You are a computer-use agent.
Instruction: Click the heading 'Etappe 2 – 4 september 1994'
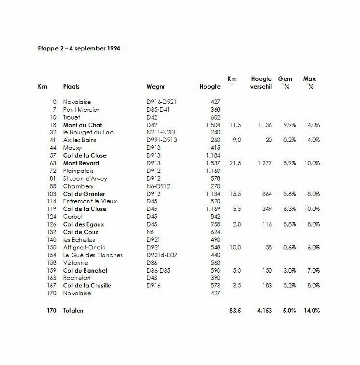(79, 48)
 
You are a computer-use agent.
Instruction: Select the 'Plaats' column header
(71, 86)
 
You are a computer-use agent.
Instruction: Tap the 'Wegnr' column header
(156, 86)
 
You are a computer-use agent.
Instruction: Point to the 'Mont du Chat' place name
(82, 125)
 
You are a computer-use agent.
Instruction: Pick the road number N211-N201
(161, 132)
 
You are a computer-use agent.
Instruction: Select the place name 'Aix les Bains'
(80, 140)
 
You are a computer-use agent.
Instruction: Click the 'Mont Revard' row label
(81, 163)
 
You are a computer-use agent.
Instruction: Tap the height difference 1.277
(264, 163)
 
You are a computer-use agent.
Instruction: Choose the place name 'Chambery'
(78, 186)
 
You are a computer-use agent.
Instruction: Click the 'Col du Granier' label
(84, 194)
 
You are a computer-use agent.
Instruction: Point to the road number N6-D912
(158, 186)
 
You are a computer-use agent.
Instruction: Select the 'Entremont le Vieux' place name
(90, 201)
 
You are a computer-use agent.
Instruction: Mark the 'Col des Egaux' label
(83, 224)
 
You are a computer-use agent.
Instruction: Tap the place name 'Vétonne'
(75, 263)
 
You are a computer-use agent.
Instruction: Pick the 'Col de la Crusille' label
(87, 286)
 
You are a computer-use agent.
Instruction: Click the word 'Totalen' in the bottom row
(73, 311)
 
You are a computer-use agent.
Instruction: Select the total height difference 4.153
(264, 311)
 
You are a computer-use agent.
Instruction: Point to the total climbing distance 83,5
(235, 311)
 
